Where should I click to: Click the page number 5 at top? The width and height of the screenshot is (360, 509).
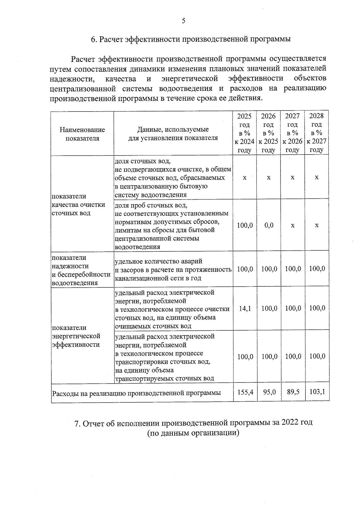point(183,21)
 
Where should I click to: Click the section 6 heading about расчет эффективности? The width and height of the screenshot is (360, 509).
point(191,39)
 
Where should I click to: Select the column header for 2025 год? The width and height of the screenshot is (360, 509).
point(244,133)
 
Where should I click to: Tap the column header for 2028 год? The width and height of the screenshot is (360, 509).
point(316,133)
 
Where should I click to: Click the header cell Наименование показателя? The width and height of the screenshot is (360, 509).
point(82,134)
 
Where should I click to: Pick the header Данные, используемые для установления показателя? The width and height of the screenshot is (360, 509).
point(173,134)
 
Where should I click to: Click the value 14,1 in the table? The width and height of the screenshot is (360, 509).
point(245,308)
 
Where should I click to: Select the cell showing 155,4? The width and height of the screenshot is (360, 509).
point(245,392)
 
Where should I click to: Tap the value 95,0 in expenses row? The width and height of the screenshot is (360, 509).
point(269,392)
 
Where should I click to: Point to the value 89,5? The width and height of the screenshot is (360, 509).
point(293,392)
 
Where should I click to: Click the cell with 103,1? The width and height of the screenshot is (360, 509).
point(317,392)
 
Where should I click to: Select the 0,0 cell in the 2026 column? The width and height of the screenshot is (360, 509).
point(269,225)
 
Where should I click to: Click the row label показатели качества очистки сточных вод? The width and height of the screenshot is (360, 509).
point(79,205)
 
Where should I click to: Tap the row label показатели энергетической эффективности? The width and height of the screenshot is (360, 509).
point(76,336)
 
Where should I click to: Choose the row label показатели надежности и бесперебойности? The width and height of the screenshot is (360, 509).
point(81,270)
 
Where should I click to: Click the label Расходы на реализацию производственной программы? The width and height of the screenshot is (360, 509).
point(136,393)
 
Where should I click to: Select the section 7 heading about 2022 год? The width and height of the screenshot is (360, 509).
point(193,423)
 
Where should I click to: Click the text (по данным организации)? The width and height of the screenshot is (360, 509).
point(193,433)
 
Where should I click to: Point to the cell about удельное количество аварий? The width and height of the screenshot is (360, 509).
point(173,270)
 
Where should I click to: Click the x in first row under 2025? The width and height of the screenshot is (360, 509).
point(244,178)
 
